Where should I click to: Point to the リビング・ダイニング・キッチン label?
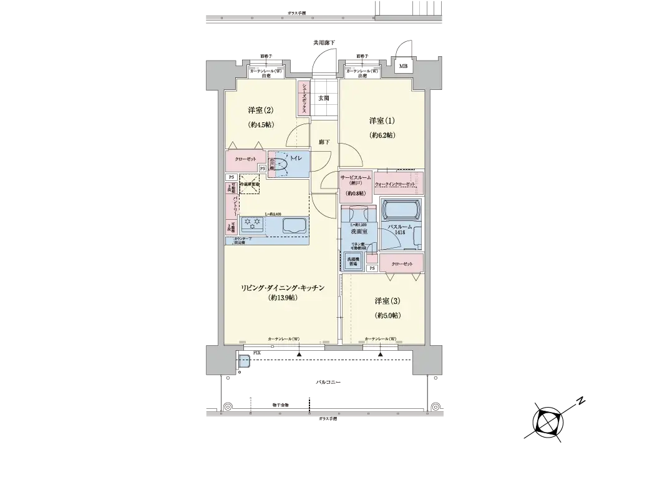[283, 288]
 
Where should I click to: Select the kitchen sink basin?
[293, 226]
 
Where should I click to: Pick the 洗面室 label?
[359, 232]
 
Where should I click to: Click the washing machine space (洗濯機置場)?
[353, 260]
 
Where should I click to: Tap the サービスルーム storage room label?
[356, 179]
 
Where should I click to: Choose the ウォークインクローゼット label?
[394, 185]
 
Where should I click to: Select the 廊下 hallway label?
[324, 142]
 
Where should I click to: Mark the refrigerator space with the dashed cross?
[250, 185]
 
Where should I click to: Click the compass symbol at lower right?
[547, 422]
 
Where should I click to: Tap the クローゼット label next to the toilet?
[245, 159]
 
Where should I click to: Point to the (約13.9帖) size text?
[283, 298]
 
